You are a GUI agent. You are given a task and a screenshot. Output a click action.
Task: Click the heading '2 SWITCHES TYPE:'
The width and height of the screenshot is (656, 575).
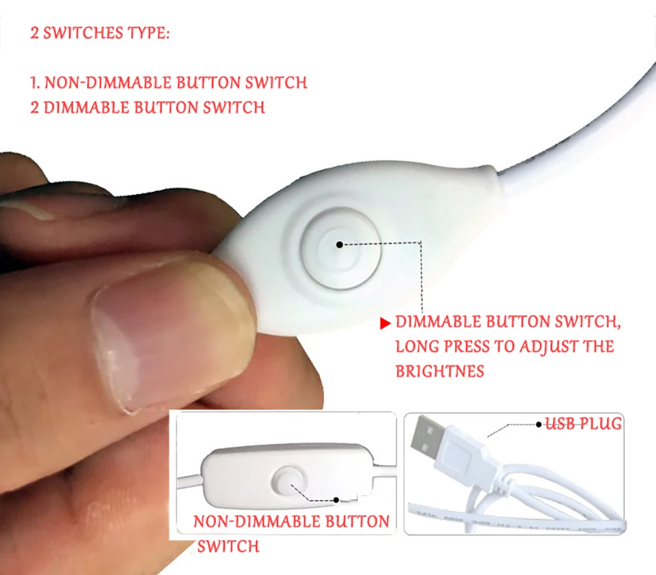pyautogui.click(x=100, y=33)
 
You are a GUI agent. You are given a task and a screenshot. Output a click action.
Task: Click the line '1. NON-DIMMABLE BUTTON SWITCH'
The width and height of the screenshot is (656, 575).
pyautogui.click(x=169, y=83)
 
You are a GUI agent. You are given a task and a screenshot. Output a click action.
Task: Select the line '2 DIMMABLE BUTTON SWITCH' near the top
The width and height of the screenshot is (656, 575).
pyautogui.click(x=148, y=107)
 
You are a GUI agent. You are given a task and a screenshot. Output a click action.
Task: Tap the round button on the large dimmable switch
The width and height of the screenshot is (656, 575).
pyautogui.click(x=340, y=249)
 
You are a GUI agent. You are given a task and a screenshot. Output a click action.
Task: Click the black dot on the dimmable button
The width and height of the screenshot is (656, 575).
pyautogui.click(x=340, y=244)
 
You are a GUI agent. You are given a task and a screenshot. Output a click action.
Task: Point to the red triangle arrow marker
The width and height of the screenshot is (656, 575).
pyautogui.click(x=385, y=323)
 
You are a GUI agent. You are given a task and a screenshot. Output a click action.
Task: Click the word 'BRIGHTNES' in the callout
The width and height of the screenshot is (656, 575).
pyautogui.click(x=439, y=371)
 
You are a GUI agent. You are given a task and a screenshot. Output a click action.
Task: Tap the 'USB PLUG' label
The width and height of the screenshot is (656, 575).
pyautogui.click(x=584, y=423)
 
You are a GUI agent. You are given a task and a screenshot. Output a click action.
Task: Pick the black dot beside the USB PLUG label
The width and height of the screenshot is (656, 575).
pyautogui.click(x=539, y=425)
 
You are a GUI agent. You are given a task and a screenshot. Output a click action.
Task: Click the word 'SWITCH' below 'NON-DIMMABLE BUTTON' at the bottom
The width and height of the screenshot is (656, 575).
pyautogui.click(x=228, y=546)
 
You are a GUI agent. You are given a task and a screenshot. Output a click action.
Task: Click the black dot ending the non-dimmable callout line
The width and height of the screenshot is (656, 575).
pyautogui.click(x=336, y=500)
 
